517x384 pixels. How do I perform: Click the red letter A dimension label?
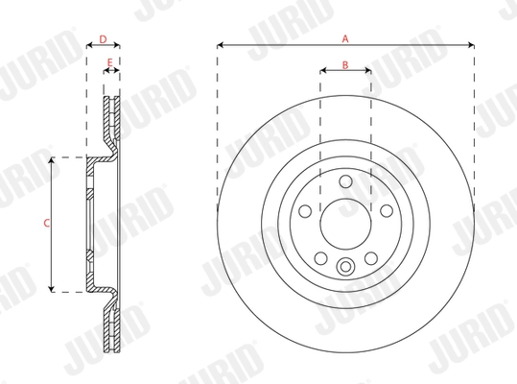(x=345, y=37)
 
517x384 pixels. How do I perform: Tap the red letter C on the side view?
(x=48, y=223)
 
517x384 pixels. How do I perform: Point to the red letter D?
(x=103, y=39)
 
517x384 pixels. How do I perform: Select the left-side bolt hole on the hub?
(x=304, y=211)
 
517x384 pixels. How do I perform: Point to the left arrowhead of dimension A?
(x=221, y=44)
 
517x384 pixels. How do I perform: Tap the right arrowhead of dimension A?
(x=471, y=44)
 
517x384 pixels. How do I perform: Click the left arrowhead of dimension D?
(x=88, y=46)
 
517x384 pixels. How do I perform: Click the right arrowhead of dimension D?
(x=118, y=46)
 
